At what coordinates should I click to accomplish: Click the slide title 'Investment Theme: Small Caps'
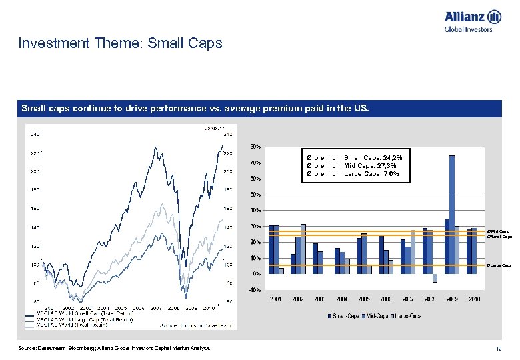[120, 44]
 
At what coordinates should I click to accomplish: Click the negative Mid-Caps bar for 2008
[435, 278]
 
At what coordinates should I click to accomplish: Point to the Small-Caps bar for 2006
[381, 255]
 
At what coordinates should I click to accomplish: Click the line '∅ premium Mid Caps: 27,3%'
[351, 165]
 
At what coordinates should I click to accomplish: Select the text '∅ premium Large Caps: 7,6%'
[353, 173]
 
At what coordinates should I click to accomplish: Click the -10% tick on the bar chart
[254, 290]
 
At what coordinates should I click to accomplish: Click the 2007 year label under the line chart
[155, 308]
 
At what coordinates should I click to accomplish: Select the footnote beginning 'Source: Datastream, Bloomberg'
[114, 349]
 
